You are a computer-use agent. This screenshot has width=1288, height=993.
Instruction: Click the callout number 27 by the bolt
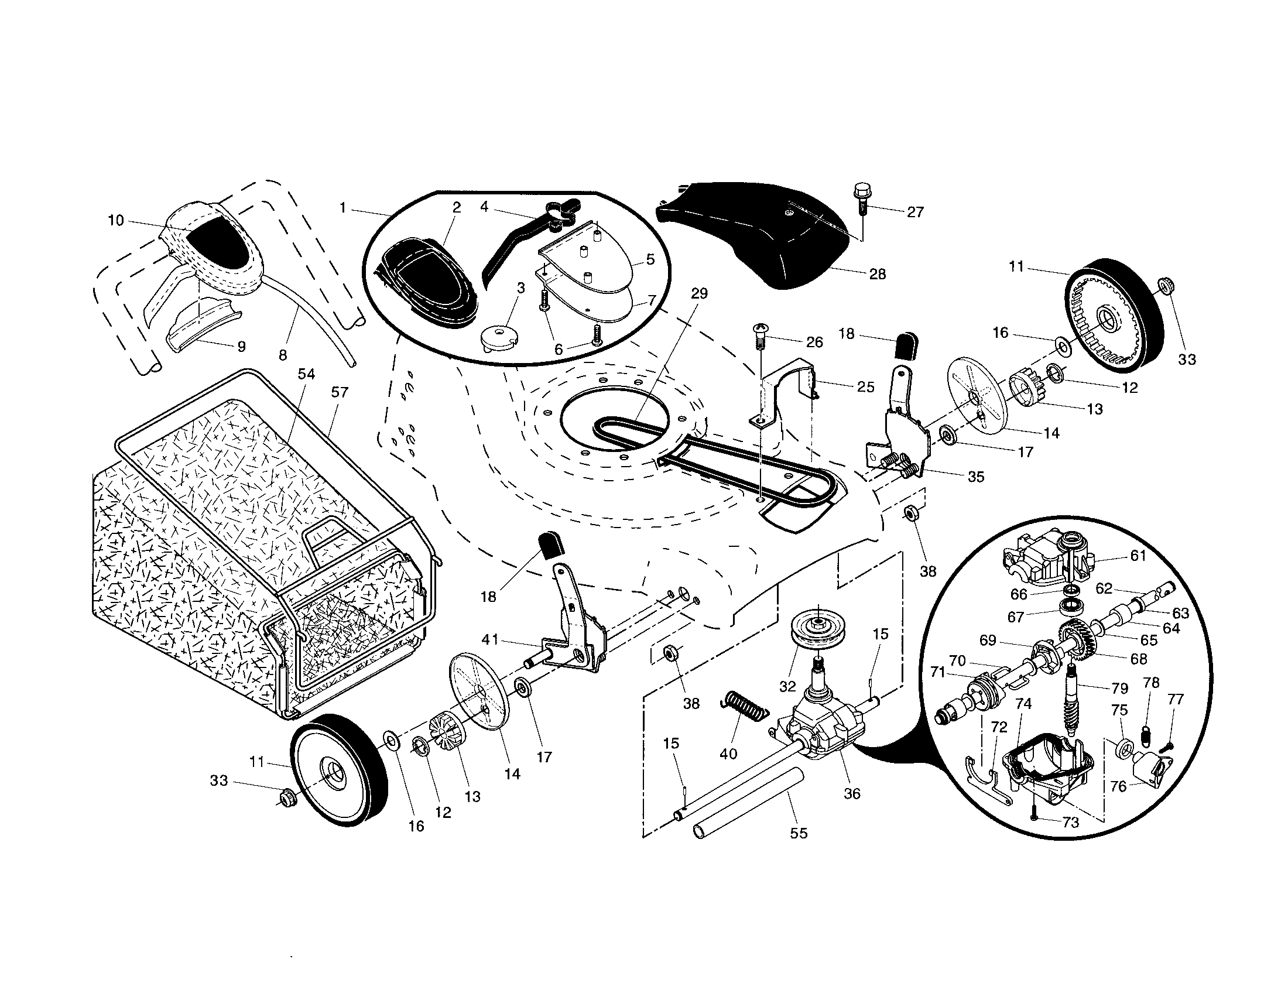click(915, 212)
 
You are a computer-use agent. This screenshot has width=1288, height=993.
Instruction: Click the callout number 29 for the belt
click(699, 293)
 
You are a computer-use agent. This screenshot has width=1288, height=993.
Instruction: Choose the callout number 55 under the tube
click(799, 833)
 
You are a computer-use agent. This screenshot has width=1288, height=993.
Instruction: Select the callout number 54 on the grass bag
click(306, 374)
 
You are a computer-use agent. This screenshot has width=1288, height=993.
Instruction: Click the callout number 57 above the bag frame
click(340, 392)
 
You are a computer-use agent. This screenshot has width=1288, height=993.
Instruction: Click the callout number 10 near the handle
click(115, 221)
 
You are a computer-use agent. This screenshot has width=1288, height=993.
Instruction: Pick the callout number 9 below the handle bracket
click(241, 347)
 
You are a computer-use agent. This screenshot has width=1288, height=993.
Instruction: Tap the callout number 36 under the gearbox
click(852, 793)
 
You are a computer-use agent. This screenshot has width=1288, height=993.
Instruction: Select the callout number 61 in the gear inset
click(1138, 556)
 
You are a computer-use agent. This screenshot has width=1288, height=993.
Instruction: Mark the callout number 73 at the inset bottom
click(1070, 823)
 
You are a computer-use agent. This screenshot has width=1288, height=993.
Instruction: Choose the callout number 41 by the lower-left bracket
click(490, 639)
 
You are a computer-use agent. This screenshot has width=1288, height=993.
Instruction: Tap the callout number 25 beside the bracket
click(865, 387)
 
